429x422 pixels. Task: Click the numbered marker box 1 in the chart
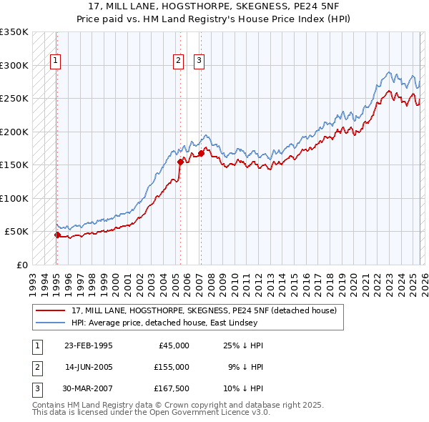(x=55, y=62)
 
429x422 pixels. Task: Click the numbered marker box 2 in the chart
(x=178, y=62)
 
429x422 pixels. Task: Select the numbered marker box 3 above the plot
(x=199, y=62)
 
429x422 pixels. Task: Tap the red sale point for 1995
(x=57, y=235)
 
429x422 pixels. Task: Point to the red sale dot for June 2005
(x=180, y=162)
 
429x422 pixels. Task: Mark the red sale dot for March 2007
(x=201, y=153)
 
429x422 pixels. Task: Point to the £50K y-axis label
(x=16, y=232)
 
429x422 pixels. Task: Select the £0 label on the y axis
(x=21, y=265)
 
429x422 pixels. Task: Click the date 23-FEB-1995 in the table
(x=88, y=345)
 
